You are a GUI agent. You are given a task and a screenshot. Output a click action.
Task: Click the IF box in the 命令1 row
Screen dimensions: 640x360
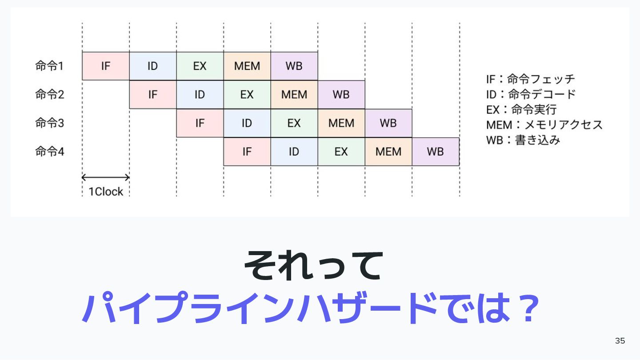106,66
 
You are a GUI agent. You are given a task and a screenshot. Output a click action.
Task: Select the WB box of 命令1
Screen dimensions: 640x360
294,66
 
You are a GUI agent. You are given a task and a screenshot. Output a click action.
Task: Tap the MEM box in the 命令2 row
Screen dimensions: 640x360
294,95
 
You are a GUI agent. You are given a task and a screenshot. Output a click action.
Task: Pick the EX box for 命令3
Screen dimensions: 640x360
294,123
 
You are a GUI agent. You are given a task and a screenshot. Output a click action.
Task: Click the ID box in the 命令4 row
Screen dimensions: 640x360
294,152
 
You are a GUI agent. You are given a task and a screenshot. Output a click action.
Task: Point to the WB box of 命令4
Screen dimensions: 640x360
436,152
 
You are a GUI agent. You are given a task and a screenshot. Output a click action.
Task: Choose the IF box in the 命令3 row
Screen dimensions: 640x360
200,123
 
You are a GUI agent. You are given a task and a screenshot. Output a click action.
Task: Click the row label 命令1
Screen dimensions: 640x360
50,66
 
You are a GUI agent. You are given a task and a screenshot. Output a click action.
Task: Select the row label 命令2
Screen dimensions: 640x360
50,95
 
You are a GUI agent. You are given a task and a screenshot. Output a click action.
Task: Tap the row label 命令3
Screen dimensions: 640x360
50,123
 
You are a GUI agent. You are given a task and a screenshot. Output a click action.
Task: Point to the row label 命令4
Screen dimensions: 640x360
50,152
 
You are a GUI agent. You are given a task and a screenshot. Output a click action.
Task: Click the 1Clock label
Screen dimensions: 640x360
106,192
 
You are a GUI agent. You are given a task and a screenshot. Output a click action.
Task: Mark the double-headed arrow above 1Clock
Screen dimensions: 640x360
106,178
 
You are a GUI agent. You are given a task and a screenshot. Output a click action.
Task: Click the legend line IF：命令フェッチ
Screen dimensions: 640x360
530,80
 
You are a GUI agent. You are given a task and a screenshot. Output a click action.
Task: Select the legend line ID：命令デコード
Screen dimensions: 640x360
531,94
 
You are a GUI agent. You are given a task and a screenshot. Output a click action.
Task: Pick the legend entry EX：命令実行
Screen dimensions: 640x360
521,109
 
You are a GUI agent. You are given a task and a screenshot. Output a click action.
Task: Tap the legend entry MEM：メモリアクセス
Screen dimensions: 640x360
544,124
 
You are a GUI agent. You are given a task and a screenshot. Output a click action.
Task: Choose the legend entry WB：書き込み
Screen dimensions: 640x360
523,140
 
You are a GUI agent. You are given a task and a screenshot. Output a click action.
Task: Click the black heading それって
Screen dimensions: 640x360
313,265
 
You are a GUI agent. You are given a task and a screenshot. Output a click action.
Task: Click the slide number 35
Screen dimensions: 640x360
620,341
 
